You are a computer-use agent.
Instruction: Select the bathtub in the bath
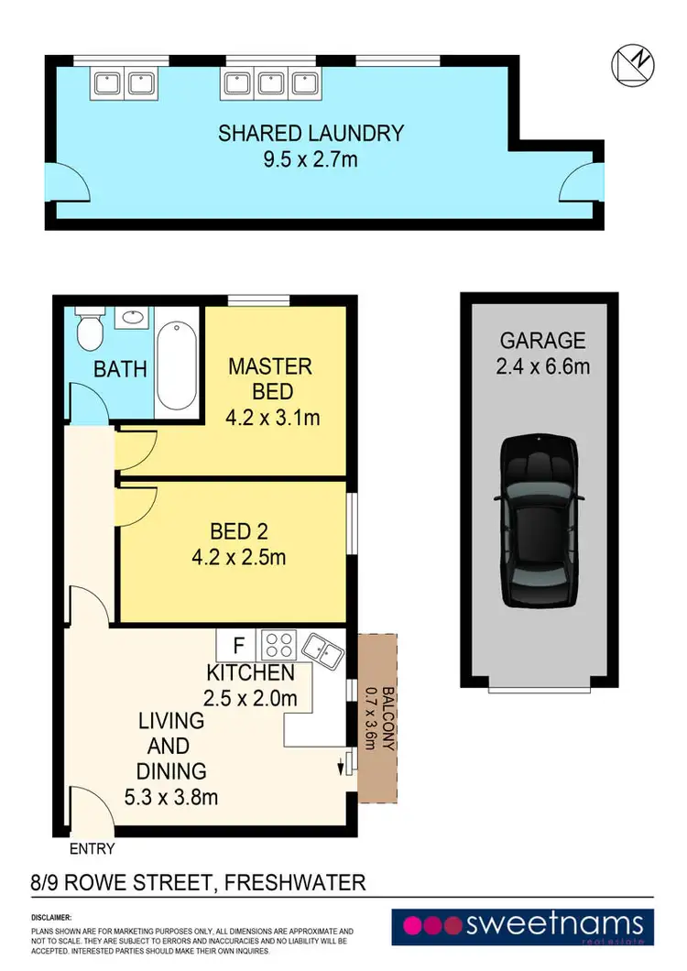[176, 366]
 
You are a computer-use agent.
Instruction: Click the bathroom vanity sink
[135, 319]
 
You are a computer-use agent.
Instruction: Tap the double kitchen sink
[323, 649]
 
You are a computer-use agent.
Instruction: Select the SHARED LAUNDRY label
[311, 133]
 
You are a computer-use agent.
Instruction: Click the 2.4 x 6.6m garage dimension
[543, 366]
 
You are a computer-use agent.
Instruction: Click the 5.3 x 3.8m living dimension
[171, 796]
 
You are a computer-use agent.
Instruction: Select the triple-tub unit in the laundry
[269, 83]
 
